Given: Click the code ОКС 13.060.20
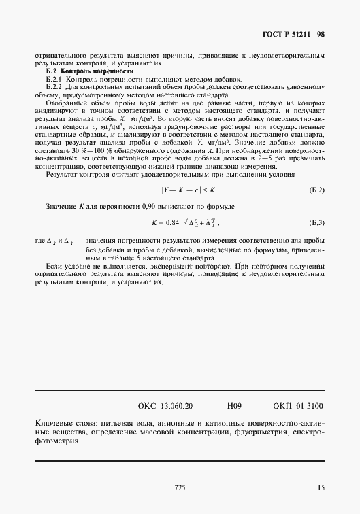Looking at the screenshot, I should point(165,406).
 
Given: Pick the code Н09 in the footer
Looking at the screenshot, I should point(234,406).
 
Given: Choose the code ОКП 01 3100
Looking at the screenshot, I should point(298,406).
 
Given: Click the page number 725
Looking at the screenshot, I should point(180,487).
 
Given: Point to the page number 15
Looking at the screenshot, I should point(321,487).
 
